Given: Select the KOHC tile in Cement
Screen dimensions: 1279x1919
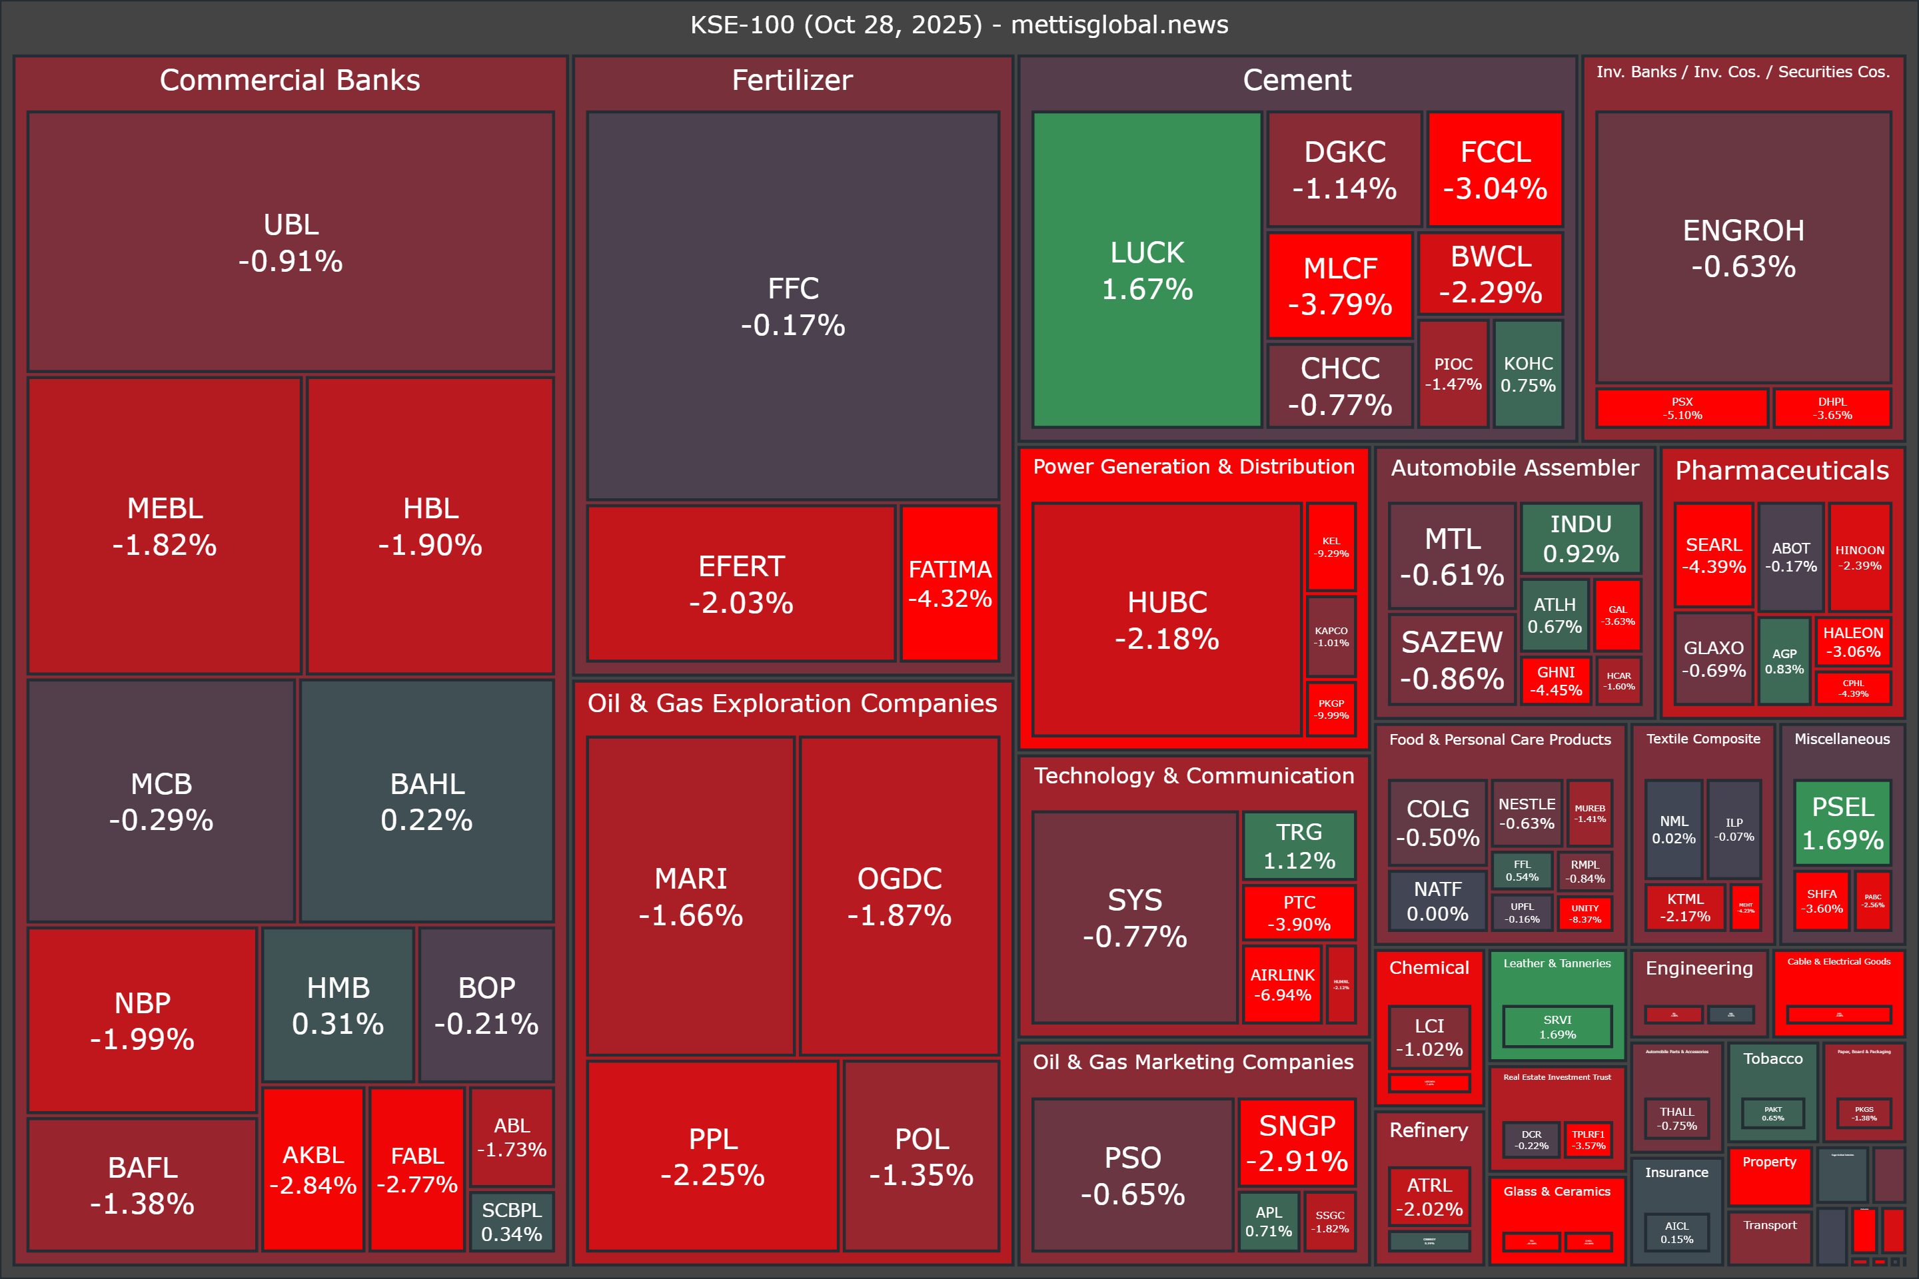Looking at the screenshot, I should [x=1528, y=374].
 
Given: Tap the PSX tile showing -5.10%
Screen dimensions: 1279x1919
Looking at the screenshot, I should [x=1682, y=408].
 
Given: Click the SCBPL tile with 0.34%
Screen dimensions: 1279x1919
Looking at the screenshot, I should [x=512, y=1221].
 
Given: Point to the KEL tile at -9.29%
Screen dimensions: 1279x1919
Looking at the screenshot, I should [x=1331, y=546].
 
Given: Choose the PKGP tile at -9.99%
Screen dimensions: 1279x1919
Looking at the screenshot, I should [x=1331, y=709].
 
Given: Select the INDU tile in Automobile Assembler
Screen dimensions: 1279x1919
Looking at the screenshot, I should [x=1581, y=538].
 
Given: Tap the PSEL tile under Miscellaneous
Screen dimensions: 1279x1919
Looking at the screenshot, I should [x=1842, y=822].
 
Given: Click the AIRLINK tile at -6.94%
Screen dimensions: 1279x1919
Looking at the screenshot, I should [x=1282, y=984].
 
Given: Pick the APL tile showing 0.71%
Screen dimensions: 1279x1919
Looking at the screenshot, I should [x=1269, y=1221].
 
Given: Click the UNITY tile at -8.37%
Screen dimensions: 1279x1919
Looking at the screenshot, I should [x=1585, y=913].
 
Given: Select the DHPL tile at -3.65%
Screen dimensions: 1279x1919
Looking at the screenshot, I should [x=1832, y=408].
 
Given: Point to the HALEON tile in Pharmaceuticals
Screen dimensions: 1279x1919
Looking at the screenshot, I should [x=1853, y=641].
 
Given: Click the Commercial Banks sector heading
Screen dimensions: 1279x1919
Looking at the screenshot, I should [x=290, y=80].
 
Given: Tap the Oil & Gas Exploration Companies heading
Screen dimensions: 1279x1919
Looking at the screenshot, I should [x=792, y=703].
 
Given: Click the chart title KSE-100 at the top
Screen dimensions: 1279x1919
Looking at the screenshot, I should [x=959, y=25].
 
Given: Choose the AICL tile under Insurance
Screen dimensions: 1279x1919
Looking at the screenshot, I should [x=1676, y=1232].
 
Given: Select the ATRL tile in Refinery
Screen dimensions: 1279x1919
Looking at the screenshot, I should [x=1429, y=1196].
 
